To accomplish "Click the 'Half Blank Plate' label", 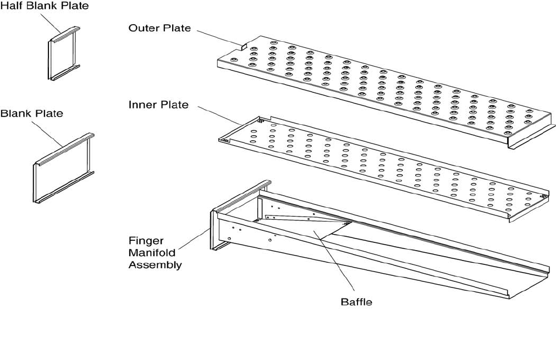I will pyautogui.click(x=44, y=6).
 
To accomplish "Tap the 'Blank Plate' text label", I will pyautogui.click(x=31, y=114).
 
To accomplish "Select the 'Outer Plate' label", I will pyautogui.click(x=159, y=27).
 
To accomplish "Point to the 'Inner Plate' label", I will pyautogui.click(x=158, y=104).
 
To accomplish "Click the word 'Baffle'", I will pyautogui.click(x=356, y=302).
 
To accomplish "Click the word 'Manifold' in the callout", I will pyautogui.click(x=151, y=252).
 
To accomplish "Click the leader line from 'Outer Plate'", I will pyautogui.click(x=218, y=37).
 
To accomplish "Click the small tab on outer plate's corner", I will pyautogui.click(x=240, y=45).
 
